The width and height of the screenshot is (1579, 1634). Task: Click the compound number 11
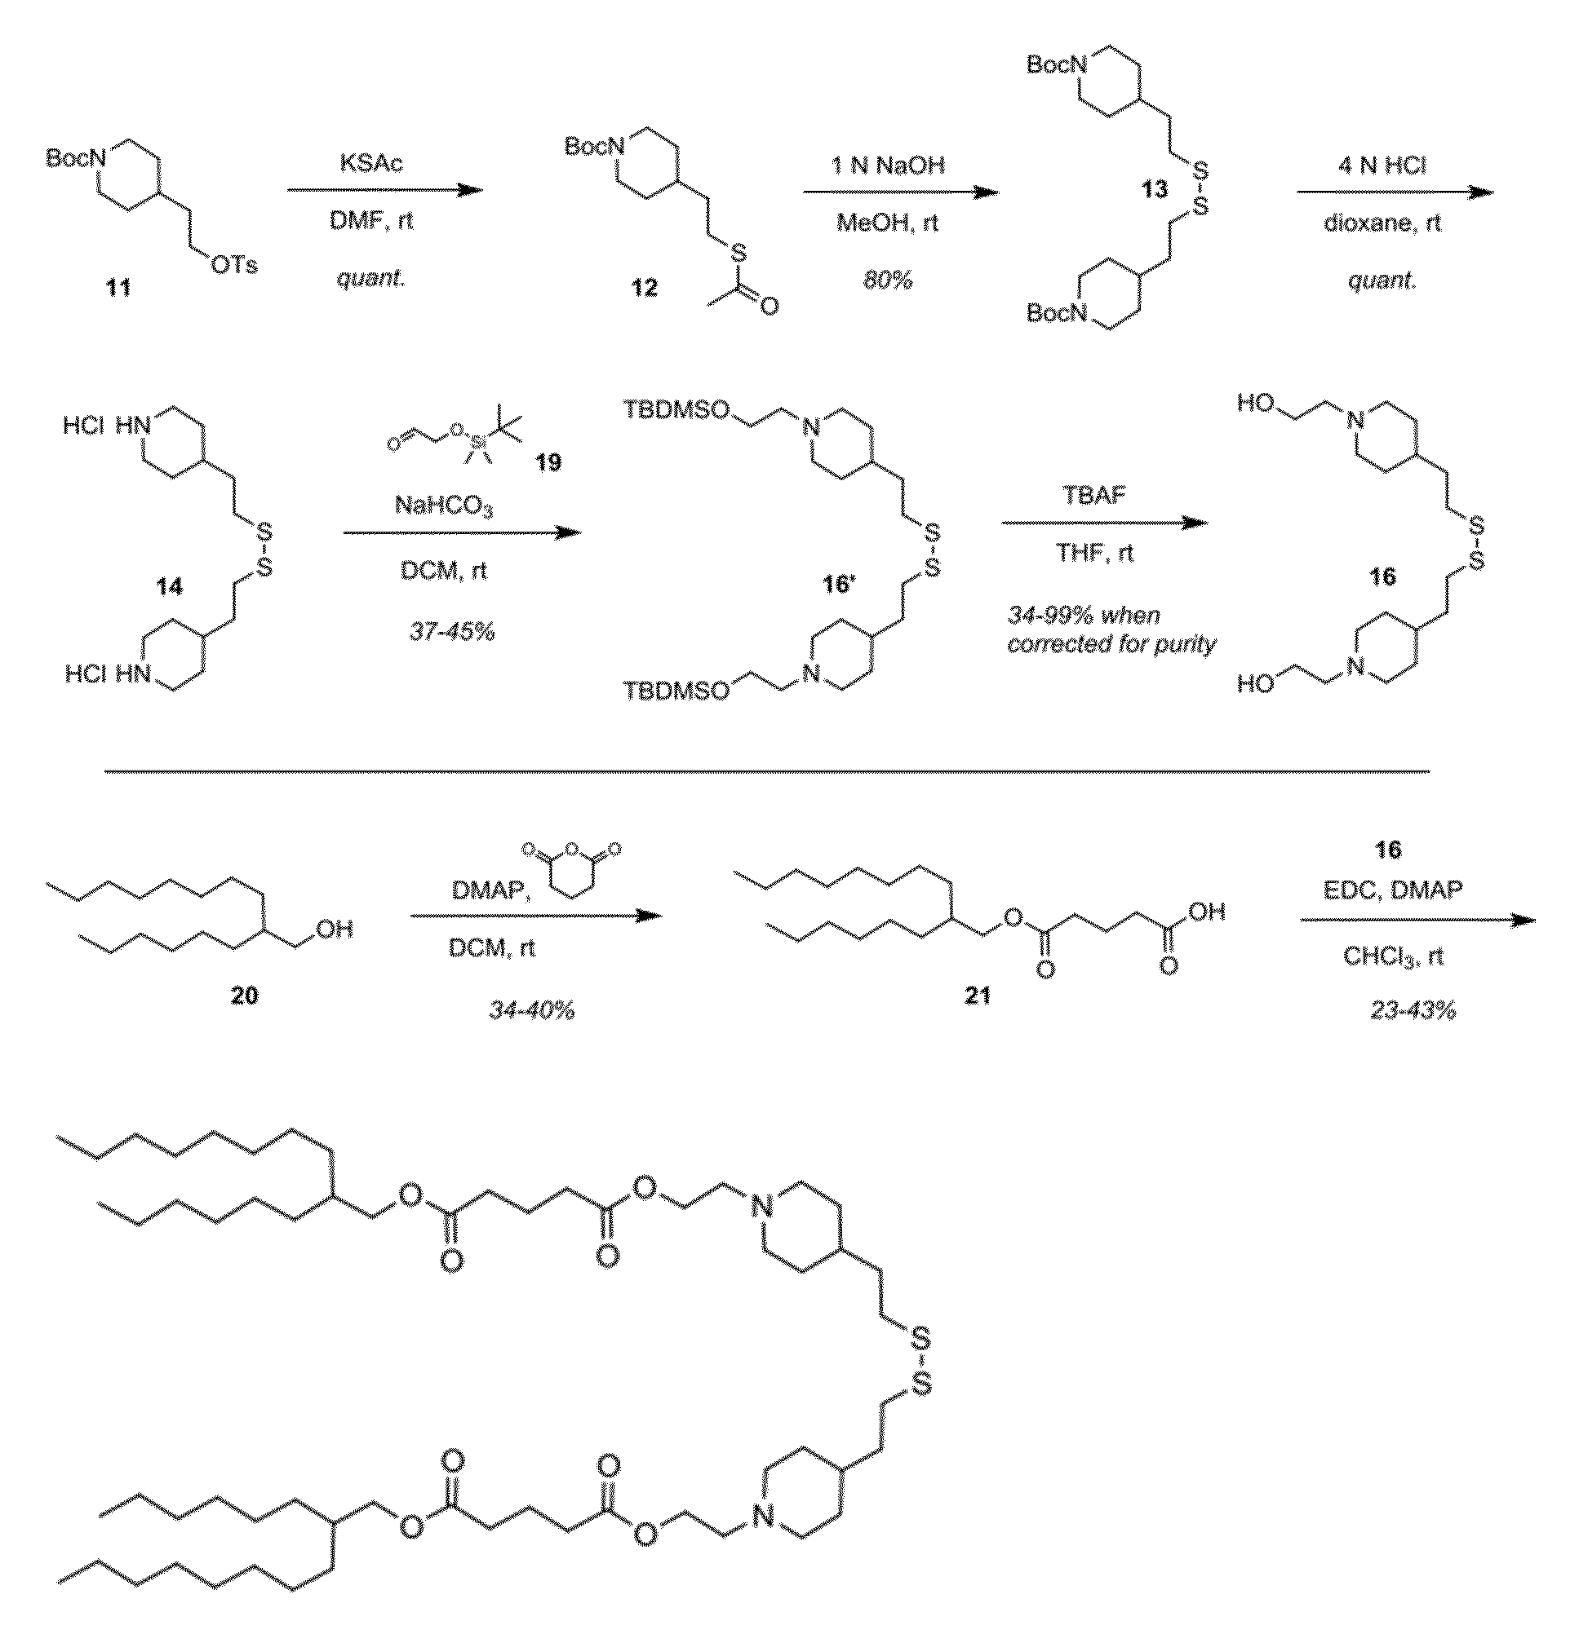pos(118,288)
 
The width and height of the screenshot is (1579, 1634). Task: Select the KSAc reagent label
pos(371,163)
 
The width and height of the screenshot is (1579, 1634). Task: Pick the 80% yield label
pos(889,280)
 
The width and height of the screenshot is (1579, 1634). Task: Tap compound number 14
pos(170,587)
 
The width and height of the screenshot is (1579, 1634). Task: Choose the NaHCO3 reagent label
pos(443,506)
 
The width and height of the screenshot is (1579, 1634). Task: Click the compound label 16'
pos(838,585)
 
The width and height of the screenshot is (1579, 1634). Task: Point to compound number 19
pos(548,461)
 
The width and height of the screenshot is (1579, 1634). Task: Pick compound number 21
pos(977,996)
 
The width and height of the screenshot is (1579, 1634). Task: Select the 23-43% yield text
pos(1413,1011)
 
